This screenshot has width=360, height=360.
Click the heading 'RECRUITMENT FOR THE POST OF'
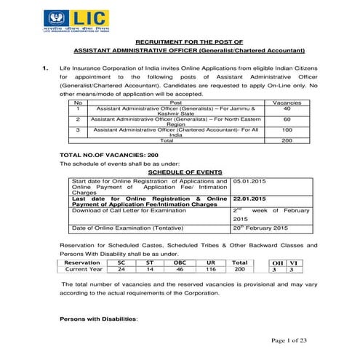click(180, 42)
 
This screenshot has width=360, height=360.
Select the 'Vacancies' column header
click(287, 103)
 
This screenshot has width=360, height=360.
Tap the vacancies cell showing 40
click(287, 108)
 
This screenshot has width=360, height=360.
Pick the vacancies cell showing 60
click(287, 119)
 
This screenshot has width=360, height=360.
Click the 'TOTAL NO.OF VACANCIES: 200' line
click(108, 156)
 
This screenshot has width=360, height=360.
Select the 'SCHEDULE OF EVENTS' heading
click(180, 171)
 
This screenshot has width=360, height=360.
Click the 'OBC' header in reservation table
click(180, 262)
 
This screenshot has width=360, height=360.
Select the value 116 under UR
click(211, 269)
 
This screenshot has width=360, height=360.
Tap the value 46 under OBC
click(180, 269)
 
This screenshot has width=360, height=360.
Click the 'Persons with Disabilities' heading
click(98, 319)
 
